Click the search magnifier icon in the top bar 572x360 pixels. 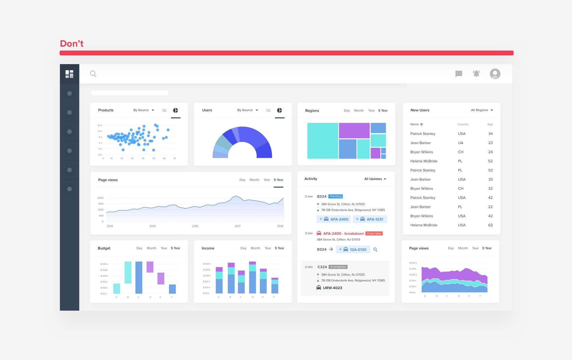(93, 74)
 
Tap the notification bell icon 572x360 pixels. (476, 74)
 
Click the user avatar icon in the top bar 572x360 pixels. (495, 74)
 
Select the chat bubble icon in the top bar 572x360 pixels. (459, 74)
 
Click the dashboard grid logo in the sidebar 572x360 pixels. (70, 74)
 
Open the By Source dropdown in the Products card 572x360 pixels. (144, 110)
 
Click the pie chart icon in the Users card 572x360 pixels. (279, 110)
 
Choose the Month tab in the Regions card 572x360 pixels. (359, 110)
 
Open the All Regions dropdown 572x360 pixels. (482, 110)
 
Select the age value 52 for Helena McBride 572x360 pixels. (490, 161)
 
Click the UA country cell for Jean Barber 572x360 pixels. (461, 143)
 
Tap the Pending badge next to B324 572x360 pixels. (336, 196)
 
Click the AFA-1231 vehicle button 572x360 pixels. (370, 219)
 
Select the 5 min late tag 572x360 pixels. (374, 234)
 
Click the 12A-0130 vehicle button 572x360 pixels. (353, 250)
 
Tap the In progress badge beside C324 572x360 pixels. (338, 267)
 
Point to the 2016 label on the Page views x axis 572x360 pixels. (195, 226)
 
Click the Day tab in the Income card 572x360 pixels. (243, 248)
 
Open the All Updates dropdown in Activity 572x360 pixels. (375, 179)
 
